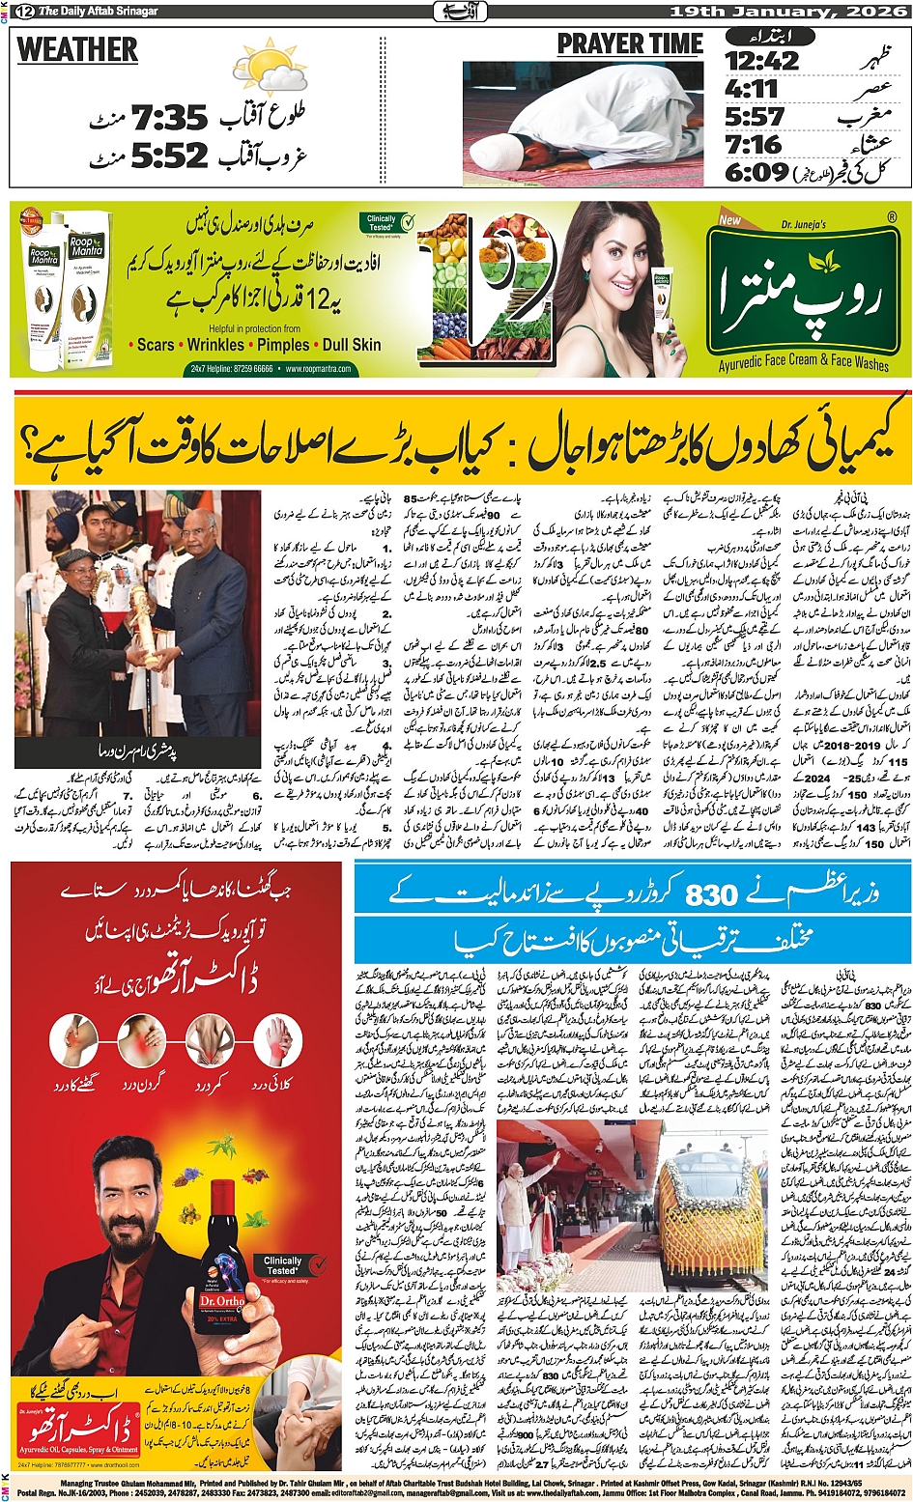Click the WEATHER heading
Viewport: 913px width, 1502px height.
pyautogui.click(x=77, y=49)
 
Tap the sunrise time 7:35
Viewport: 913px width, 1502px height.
pyautogui.click(x=170, y=119)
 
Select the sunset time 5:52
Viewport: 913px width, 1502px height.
pyautogui.click(x=170, y=155)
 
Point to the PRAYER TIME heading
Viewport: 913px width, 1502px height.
pyautogui.click(x=630, y=44)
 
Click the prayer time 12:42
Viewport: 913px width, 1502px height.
pyautogui.click(x=762, y=61)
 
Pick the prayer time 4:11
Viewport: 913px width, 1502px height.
pyautogui.click(x=752, y=90)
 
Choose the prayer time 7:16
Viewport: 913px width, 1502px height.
pyautogui.click(x=754, y=145)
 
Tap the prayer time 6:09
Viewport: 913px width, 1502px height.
pyautogui.click(x=757, y=172)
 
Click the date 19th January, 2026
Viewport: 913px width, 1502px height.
pyautogui.click(x=788, y=11)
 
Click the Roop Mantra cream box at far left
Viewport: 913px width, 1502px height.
pyautogui.click(x=44, y=290)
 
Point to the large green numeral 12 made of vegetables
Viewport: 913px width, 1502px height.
pyautogui.click(x=483, y=290)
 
